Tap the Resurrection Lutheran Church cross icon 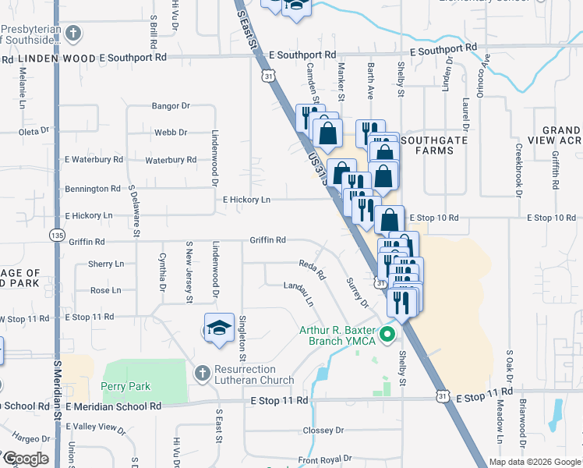pos(203,373)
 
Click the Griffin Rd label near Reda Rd pos(267,240)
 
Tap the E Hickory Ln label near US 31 pos(246,200)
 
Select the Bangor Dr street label pos(171,105)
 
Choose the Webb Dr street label pos(171,133)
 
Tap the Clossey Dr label pos(323,430)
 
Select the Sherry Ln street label pos(106,264)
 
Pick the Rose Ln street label pos(106,290)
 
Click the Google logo pos(25,458)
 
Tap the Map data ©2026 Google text pos(534,462)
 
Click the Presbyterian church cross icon pos(73,33)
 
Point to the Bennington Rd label pos(93,189)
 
